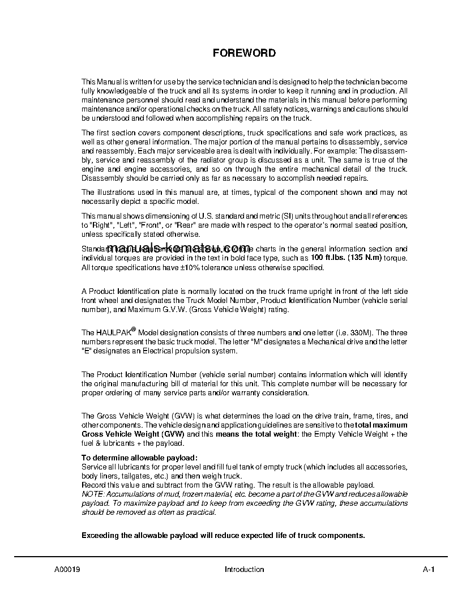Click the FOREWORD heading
tap(244, 53)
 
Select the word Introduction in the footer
tap(244, 570)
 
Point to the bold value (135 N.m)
tap(364, 258)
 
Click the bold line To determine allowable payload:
tap(139, 458)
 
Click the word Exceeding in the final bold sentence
tap(100, 535)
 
